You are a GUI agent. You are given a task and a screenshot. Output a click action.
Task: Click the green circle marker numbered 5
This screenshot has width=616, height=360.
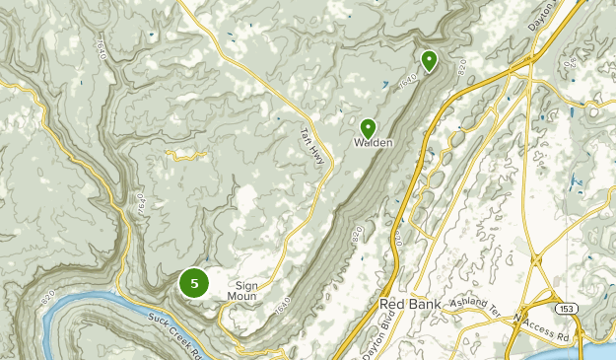pyautogui.click(x=194, y=283)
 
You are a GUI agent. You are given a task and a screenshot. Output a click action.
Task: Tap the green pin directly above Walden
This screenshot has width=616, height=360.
pyautogui.click(x=368, y=127)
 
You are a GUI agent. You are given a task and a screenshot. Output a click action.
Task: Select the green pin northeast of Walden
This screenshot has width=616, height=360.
pyautogui.click(x=429, y=61)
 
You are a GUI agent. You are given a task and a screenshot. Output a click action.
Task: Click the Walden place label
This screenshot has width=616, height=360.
pyautogui.click(x=374, y=143)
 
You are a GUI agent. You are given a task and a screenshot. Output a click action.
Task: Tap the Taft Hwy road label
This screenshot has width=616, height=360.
pyautogui.click(x=312, y=149)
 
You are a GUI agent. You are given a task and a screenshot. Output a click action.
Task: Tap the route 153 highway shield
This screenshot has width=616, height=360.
pyautogui.click(x=567, y=310)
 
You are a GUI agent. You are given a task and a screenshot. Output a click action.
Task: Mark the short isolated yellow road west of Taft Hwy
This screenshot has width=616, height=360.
pyautogui.click(x=185, y=154)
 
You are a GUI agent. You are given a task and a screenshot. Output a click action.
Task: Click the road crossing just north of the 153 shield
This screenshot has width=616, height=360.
pyautogui.click(x=540, y=260)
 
